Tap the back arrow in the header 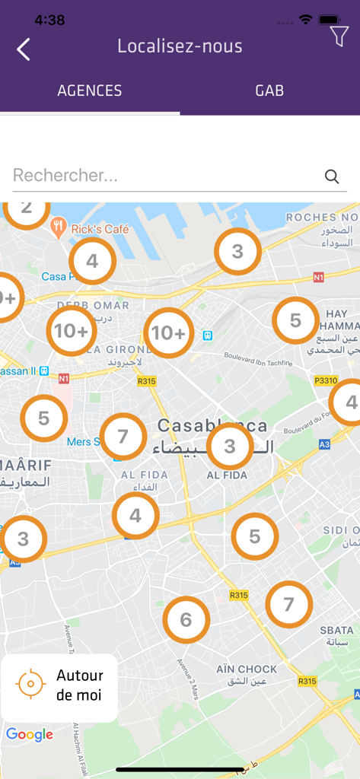click(24, 49)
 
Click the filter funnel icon click(339, 35)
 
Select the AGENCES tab click(90, 91)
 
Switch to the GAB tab click(269, 91)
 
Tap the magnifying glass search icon click(332, 176)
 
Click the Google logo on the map click(30, 734)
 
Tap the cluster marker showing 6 click(186, 620)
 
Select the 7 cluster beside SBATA click(288, 604)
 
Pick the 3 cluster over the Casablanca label click(230, 447)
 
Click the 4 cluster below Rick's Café click(92, 262)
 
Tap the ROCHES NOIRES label click(322, 218)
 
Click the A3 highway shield click(324, 444)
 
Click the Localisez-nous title click(180, 46)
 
